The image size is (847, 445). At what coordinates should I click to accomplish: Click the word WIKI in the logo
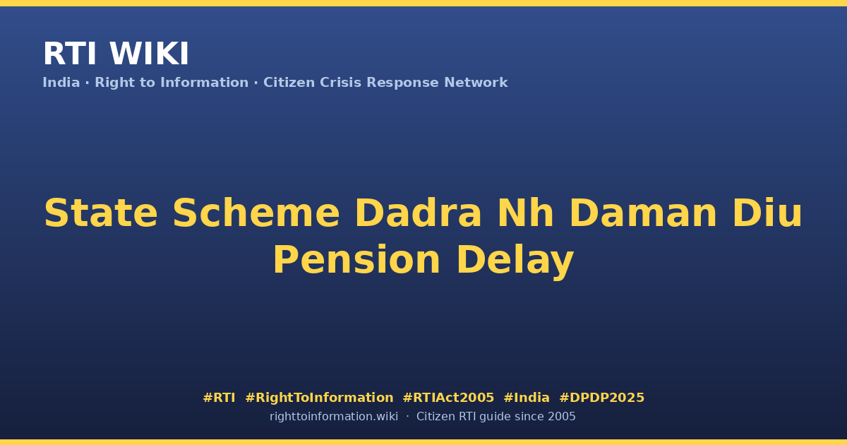(150, 54)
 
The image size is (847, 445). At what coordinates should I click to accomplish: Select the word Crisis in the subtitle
(340, 83)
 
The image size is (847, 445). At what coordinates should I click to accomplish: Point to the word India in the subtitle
(61, 83)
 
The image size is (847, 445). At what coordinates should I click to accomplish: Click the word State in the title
(100, 213)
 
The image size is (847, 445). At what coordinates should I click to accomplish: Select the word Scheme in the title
(256, 213)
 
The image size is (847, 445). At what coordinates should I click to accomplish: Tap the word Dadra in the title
(418, 213)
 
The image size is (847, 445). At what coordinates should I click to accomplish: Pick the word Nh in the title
(526, 213)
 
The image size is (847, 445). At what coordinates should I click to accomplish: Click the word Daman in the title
(642, 213)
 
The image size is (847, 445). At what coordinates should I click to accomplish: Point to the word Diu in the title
(767, 213)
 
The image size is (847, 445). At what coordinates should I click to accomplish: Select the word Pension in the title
(356, 260)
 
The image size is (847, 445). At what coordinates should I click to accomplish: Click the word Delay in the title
(515, 261)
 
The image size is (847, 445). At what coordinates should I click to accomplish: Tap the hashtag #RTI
(219, 398)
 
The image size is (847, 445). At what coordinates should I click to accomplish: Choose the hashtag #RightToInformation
(319, 398)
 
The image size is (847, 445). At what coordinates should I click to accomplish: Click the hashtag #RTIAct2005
(448, 398)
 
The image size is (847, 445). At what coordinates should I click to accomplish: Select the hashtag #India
(527, 398)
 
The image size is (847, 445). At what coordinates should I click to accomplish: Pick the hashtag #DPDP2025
(601, 398)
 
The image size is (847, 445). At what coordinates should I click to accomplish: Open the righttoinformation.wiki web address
(334, 417)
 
